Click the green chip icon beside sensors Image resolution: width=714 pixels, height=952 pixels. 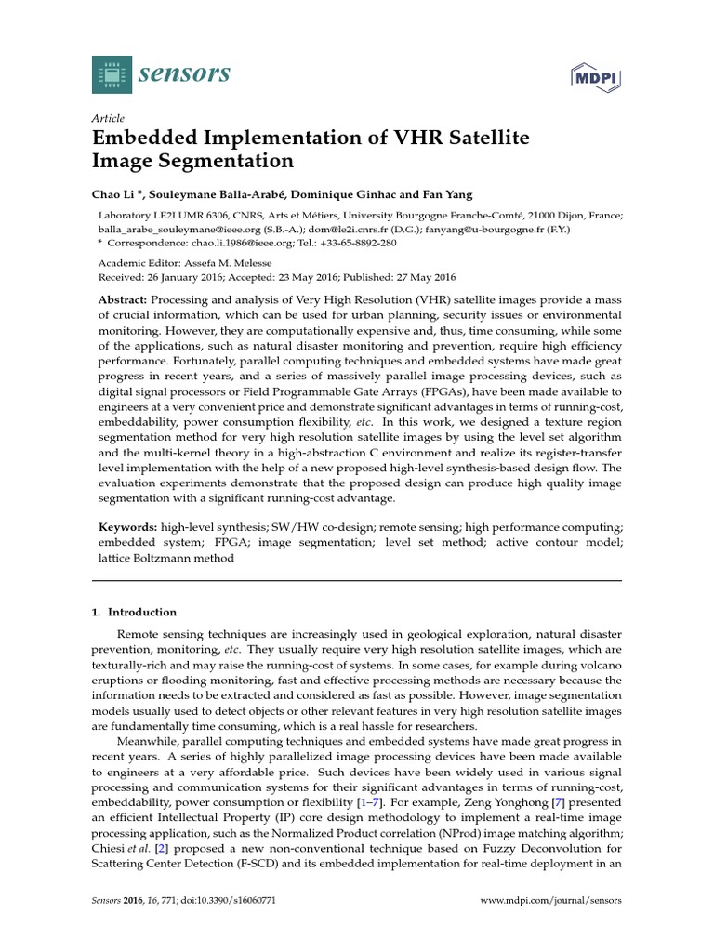coord(112,73)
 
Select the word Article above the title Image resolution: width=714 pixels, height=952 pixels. coord(108,118)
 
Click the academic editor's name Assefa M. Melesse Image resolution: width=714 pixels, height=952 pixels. coord(223,263)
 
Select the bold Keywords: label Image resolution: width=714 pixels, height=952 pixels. coord(127,526)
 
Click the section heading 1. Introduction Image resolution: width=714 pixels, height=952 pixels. coord(135,612)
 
